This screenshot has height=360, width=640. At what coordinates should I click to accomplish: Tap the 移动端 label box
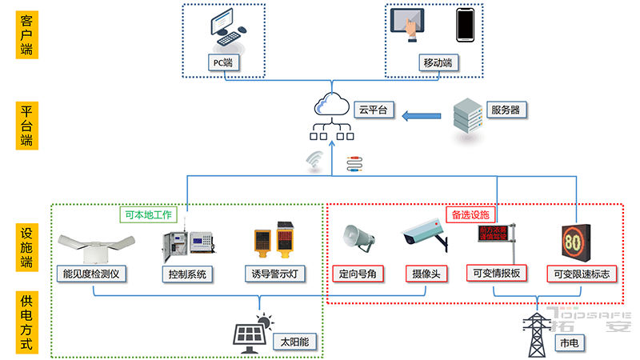click(x=438, y=62)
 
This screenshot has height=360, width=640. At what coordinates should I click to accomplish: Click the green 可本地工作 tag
click(x=150, y=214)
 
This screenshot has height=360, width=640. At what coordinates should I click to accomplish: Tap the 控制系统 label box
click(x=187, y=274)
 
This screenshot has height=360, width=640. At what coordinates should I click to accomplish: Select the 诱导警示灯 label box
click(x=274, y=274)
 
